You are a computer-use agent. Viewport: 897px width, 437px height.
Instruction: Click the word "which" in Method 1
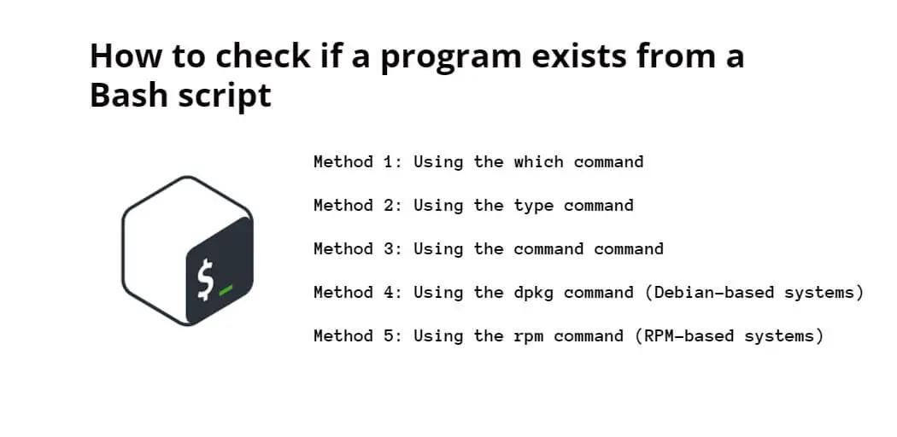[538, 161]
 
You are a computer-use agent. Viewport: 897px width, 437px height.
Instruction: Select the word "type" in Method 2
[533, 207]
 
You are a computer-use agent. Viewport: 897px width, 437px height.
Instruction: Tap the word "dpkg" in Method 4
[533, 293]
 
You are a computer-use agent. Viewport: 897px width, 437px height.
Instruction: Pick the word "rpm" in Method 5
[529, 336]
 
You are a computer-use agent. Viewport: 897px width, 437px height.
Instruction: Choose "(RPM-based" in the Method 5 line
[684, 336]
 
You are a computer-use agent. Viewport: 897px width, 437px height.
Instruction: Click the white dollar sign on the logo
[205, 279]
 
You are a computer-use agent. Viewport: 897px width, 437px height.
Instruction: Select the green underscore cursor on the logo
[226, 290]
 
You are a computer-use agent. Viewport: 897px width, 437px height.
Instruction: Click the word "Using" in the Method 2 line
[438, 207]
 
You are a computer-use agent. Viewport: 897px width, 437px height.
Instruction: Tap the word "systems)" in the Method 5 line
[783, 336]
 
